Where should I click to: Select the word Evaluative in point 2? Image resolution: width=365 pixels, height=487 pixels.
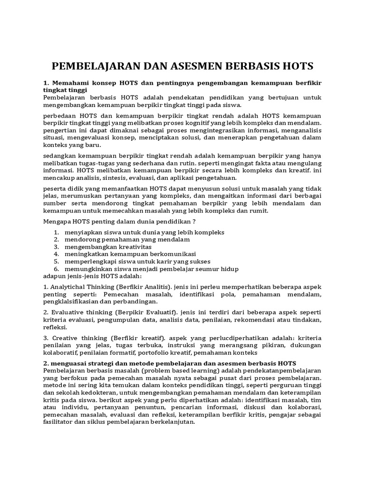[x=68, y=312]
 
